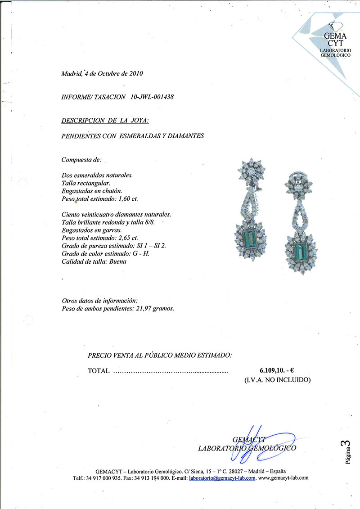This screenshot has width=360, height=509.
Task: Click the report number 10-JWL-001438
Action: (x=152, y=97)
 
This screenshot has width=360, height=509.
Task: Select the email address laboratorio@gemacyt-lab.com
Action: (x=222, y=478)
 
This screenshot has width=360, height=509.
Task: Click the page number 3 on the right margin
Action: (x=346, y=445)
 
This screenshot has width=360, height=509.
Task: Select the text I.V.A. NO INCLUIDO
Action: (x=277, y=380)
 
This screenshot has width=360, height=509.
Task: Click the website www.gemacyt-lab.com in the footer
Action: (x=283, y=478)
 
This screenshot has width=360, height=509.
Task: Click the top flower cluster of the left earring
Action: (x=251, y=171)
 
